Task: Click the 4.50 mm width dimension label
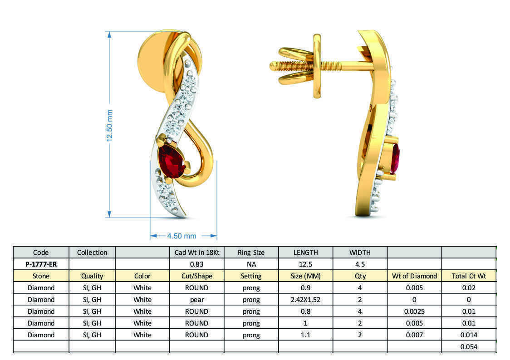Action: [181, 236]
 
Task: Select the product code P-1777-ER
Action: [41, 264]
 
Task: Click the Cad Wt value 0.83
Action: [196, 264]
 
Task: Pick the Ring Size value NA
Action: [251, 264]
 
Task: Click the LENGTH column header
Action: [305, 252]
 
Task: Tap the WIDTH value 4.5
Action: [360, 264]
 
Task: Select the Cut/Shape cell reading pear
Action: [196, 299]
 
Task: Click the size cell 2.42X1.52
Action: [305, 299]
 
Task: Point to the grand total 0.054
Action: [469, 346]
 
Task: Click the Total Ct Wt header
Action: [469, 276]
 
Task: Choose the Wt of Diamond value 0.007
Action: [414, 335]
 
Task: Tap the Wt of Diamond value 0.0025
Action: [414, 311]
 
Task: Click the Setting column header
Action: [251, 276]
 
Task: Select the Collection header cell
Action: [92, 252]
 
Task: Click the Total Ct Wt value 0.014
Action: [469, 335]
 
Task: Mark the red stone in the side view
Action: [396, 159]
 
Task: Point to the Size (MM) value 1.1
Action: [305, 335]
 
